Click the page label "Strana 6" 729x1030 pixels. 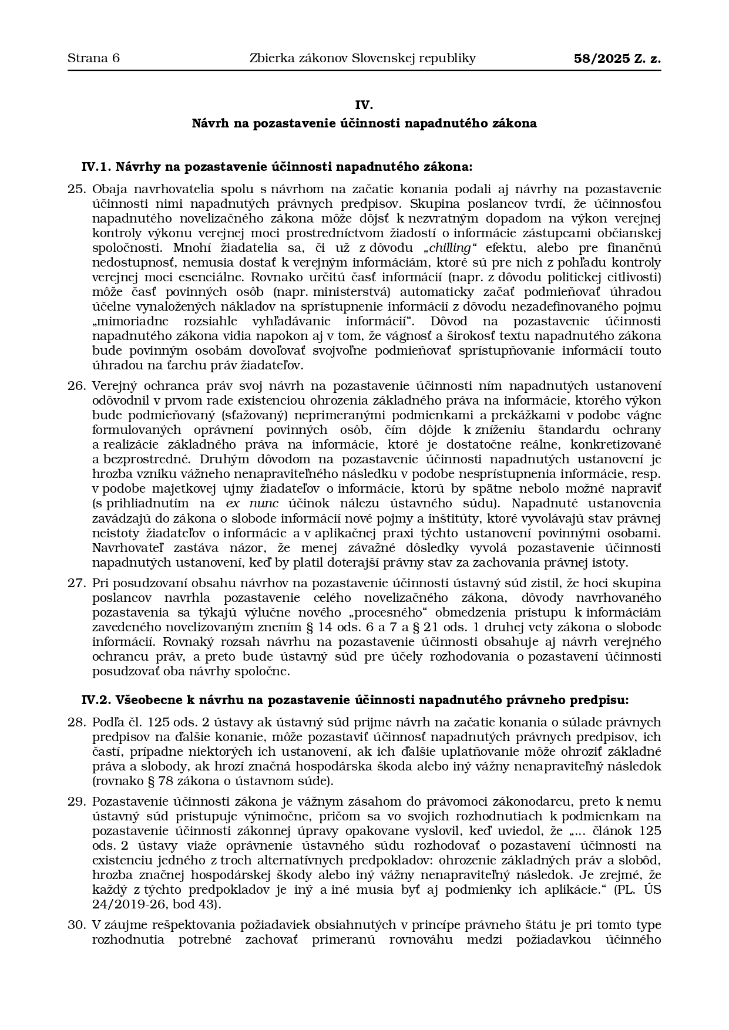tap(93, 58)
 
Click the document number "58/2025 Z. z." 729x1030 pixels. tap(617, 58)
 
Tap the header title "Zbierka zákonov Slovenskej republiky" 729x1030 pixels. tap(362, 58)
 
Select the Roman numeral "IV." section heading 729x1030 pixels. tap(364, 105)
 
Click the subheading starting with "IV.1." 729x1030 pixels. tap(277, 167)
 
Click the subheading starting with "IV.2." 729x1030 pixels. tap(355, 700)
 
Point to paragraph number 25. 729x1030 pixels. tap(77, 189)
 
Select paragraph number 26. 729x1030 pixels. tap(77, 386)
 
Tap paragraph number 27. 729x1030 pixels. tap(77, 583)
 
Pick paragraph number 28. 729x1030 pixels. tap(77, 722)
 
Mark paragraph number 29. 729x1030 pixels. tap(77, 802)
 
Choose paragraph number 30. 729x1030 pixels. tap(77, 925)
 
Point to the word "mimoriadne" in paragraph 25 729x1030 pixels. tap(131, 321)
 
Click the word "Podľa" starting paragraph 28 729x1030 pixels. tap(108, 722)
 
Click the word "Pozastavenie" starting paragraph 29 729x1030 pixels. tap(128, 802)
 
